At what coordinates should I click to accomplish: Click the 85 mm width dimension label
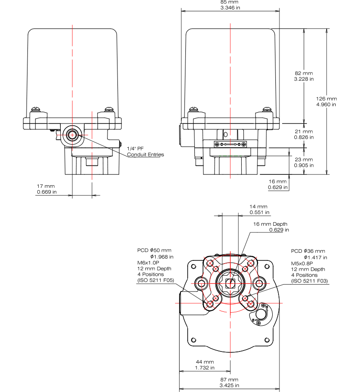tap(229, 5)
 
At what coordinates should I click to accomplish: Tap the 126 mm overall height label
tap(326, 101)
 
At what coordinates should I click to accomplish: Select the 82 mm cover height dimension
tap(304, 76)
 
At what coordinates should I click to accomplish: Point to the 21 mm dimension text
tap(304, 134)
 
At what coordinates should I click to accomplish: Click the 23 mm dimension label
tap(304, 162)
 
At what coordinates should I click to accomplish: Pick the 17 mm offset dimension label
tap(46, 189)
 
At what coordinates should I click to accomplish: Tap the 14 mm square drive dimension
tap(259, 210)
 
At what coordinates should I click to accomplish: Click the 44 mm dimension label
tap(205, 365)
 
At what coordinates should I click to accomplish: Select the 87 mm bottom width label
tap(229, 383)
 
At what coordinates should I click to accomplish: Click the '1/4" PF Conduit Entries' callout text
tap(145, 151)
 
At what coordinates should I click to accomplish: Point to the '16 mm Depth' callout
tap(270, 227)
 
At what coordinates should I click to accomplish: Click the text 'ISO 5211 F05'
tap(156, 280)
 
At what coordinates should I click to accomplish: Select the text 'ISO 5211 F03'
tap(310, 281)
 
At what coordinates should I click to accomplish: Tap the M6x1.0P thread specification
tap(148, 263)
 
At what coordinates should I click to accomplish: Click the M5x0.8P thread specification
tap(302, 264)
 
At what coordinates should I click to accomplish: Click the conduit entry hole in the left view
tap(72, 135)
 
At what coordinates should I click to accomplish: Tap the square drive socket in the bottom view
tap(230, 283)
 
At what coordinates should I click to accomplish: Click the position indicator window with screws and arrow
tap(230, 144)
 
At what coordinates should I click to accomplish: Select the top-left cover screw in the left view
tap(35, 109)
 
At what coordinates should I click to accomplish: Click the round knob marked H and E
tap(261, 314)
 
